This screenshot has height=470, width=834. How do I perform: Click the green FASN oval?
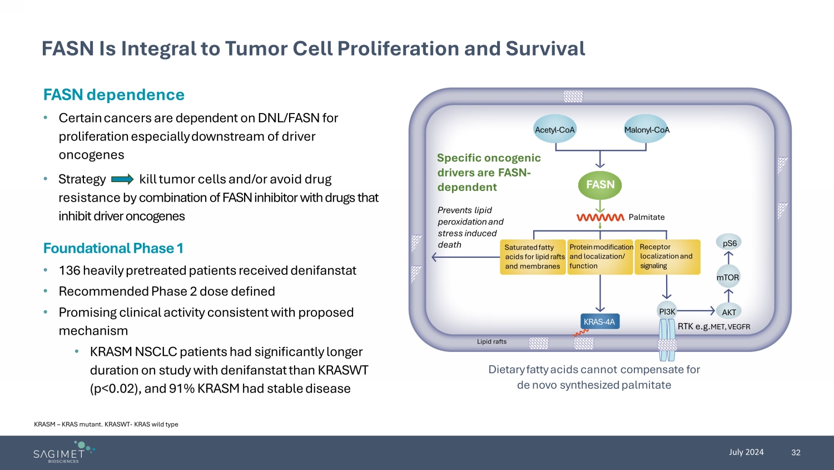click(600, 185)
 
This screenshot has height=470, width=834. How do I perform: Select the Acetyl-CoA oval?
click(555, 129)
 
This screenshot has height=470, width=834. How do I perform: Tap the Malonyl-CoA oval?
click(646, 129)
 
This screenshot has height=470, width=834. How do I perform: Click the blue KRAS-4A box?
click(600, 321)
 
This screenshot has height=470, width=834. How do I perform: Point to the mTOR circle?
click(728, 277)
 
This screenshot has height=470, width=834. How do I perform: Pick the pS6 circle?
click(728, 243)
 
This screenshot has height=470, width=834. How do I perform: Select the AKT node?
click(728, 312)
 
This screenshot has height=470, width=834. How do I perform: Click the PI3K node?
click(667, 311)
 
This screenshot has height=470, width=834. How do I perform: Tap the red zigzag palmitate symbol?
click(600, 218)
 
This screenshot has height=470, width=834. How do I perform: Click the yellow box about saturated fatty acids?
click(533, 257)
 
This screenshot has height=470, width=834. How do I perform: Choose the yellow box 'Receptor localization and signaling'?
click(667, 257)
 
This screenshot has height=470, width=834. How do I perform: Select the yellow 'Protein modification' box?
click(600, 257)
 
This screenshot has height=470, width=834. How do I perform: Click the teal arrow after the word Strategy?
click(122, 179)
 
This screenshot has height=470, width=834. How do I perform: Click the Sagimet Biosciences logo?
click(64, 452)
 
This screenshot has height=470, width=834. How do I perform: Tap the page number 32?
click(796, 453)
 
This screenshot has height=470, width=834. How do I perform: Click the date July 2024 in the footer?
click(746, 452)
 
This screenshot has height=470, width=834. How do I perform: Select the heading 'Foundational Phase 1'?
click(113, 248)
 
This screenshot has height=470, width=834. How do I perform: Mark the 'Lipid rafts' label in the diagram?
click(492, 341)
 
